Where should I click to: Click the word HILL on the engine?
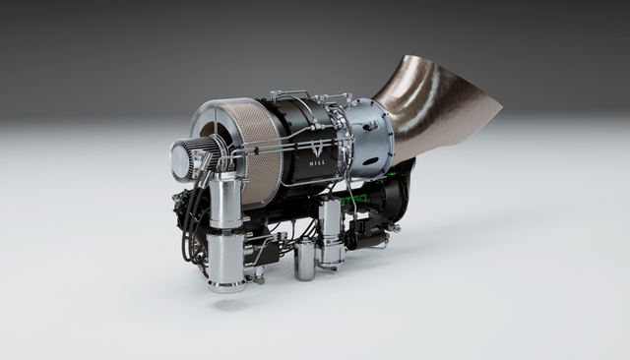pos(318,166)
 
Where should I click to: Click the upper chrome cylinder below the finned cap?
pos(225,201)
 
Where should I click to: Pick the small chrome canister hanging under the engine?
pos(304,260)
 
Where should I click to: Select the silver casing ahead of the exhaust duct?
pos(371,138)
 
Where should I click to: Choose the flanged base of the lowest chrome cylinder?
pos(225,286)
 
